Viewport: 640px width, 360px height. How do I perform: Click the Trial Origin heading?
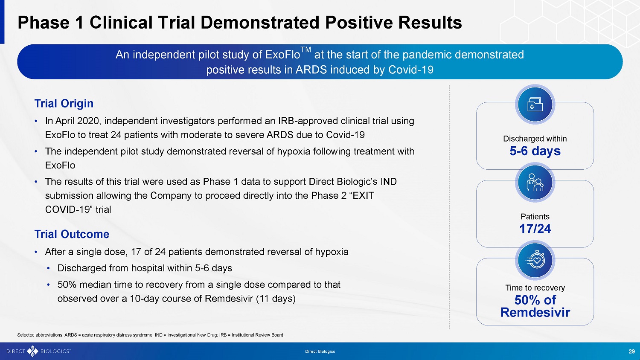click(x=64, y=103)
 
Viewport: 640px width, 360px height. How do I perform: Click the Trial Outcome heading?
click(x=72, y=234)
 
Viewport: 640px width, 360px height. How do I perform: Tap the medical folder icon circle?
click(x=535, y=105)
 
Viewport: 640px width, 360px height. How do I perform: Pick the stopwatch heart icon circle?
click(x=535, y=261)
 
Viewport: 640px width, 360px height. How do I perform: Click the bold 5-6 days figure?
click(x=535, y=151)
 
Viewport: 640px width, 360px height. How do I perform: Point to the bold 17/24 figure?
click(x=535, y=229)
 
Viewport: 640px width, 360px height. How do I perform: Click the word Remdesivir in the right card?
click(x=535, y=312)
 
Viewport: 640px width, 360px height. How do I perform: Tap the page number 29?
click(x=632, y=351)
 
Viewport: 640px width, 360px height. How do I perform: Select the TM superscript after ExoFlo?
click(x=306, y=50)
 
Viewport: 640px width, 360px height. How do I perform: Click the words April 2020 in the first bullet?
click(x=77, y=121)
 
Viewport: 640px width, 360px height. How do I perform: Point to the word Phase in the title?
click(x=44, y=22)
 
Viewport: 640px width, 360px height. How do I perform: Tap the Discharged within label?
click(x=535, y=139)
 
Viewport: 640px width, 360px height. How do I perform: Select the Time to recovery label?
click(x=535, y=288)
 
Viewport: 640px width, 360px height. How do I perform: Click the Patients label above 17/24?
click(x=535, y=217)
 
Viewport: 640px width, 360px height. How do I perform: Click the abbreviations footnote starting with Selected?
click(x=151, y=335)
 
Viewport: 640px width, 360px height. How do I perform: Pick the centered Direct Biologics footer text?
click(x=320, y=351)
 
